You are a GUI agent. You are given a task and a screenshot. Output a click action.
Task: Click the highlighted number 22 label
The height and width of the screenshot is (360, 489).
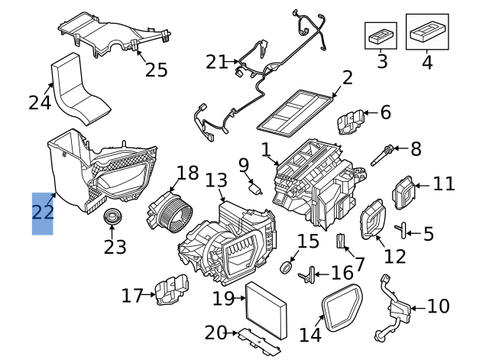[x=42, y=212]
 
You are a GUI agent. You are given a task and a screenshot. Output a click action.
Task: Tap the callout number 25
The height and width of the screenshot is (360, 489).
[x=156, y=70]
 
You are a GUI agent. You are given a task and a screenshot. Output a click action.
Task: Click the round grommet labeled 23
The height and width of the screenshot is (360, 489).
[x=113, y=216]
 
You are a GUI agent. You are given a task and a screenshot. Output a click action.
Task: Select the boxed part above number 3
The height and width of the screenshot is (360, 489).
[x=380, y=34]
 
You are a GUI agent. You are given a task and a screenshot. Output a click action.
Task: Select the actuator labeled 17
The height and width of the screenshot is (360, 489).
[x=168, y=291]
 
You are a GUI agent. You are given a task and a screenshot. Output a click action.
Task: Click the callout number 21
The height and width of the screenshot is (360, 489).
[x=216, y=61]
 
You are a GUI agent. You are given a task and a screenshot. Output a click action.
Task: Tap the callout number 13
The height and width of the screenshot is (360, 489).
[x=216, y=181]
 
